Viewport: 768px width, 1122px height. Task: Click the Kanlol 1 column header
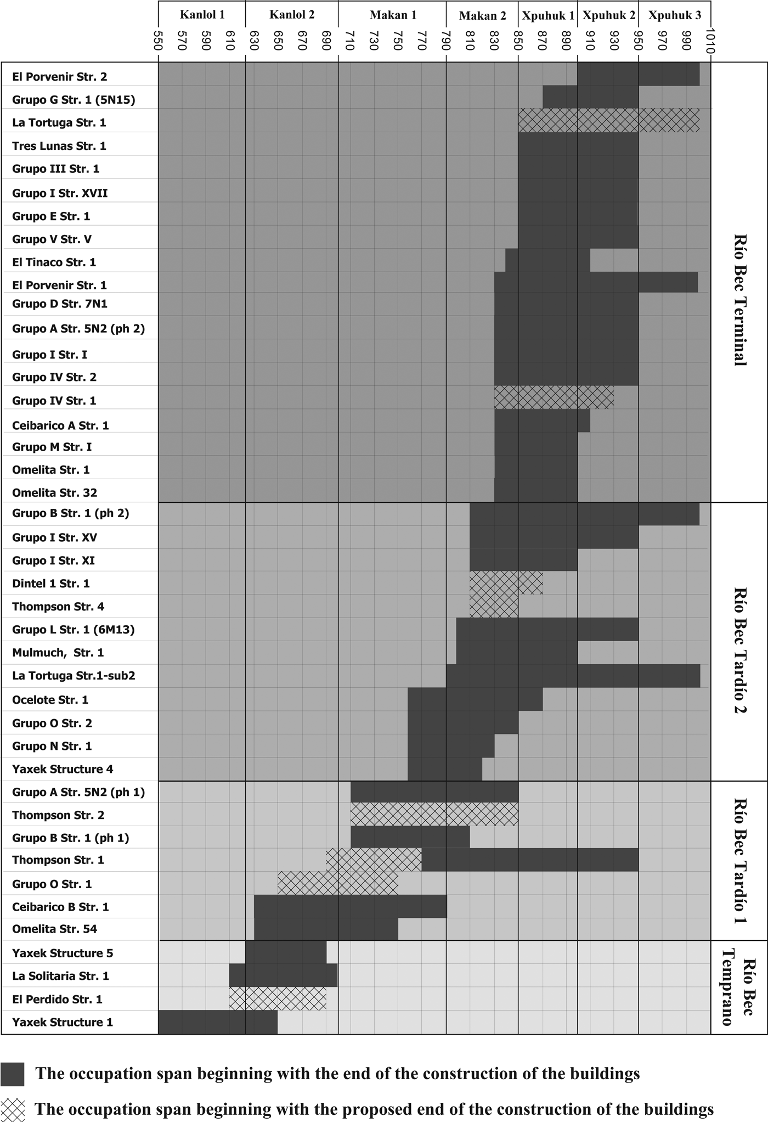[202, 15]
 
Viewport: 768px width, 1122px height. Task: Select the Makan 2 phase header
[482, 16]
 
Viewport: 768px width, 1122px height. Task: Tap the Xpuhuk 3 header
[674, 15]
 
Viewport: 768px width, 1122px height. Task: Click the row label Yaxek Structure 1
[63, 1022]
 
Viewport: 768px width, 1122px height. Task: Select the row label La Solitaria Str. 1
[60, 976]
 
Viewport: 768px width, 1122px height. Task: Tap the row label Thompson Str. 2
[58, 815]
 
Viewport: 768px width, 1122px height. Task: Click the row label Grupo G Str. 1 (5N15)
[74, 99]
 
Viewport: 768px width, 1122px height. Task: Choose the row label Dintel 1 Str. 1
[51, 584]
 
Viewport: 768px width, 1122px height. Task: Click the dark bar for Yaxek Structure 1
[217, 1022]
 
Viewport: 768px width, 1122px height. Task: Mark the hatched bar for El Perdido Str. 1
[278, 999]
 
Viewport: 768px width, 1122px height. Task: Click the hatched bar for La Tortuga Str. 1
[608, 120]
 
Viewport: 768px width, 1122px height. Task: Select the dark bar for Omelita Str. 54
[326, 929]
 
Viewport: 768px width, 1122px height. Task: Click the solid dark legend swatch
[13, 1074]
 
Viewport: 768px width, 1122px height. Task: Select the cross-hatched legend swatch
[13, 1109]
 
